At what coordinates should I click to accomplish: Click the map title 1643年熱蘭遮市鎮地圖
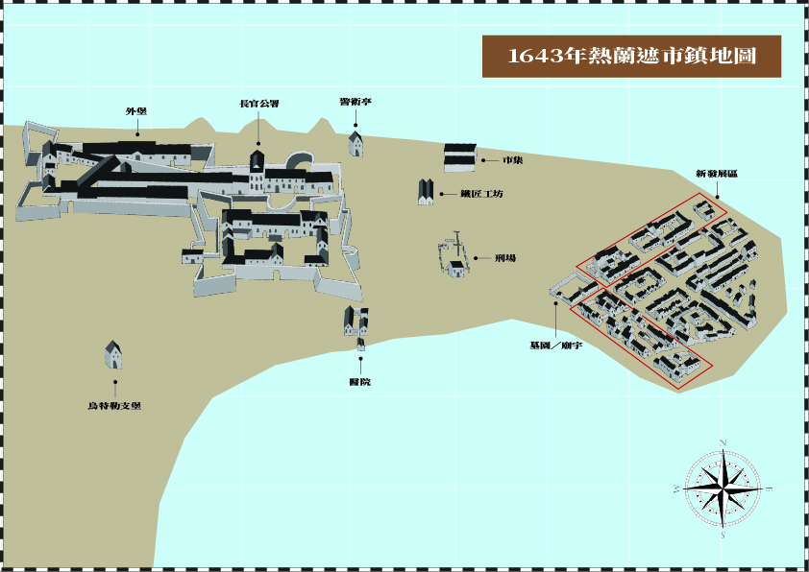[631, 57]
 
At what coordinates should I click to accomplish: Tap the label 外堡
[135, 111]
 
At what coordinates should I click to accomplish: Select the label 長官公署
[259, 104]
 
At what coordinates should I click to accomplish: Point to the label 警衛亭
[355, 101]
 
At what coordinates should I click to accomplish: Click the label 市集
[512, 159]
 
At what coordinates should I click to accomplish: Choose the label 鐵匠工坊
[480, 194]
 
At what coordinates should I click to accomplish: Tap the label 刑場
[505, 258]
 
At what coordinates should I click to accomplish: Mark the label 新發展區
[717, 174]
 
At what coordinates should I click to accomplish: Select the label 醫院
[360, 382]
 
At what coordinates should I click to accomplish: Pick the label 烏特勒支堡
[114, 406]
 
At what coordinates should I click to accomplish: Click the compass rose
[723, 487]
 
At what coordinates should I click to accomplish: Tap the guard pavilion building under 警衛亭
[355, 144]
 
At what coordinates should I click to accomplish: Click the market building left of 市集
[459, 157]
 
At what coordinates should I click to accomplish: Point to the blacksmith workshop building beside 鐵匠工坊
[426, 192]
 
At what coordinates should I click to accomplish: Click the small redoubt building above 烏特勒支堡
[113, 354]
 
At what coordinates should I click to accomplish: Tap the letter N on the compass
[723, 441]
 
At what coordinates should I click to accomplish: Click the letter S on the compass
[723, 536]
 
